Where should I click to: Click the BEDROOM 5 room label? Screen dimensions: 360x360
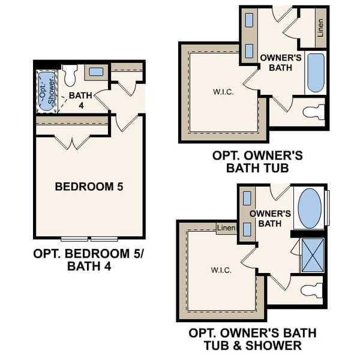click(x=89, y=187)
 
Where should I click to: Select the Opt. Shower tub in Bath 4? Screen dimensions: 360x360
click(x=46, y=91)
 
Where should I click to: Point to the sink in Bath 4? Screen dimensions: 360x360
click(x=95, y=72)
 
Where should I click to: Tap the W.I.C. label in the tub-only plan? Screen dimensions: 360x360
click(x=223, y=92)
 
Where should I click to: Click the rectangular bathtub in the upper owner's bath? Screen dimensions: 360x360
click(x=316, y=73)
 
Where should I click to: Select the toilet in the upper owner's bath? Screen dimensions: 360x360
click(x=313, y=112)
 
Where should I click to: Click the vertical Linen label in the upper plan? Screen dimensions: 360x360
click(x=320, y=28)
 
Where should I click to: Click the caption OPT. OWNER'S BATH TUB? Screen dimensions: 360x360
click(x=257, y=161)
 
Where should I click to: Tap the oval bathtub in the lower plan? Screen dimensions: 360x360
click(x=310, y=208)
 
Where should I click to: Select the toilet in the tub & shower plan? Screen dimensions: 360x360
click(x=311, y=290)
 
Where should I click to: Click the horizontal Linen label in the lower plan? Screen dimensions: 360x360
click(x=226, y=228)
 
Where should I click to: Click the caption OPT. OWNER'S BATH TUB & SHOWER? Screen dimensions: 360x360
click(x=253, y=339)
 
